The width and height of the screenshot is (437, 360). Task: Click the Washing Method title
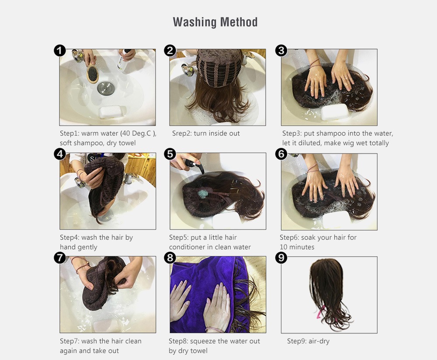pos(215,22)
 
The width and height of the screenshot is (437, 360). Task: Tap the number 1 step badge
pos(60,51)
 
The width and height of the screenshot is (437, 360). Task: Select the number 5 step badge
pos(170,154)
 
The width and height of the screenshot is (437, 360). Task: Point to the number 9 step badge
pos(281,258)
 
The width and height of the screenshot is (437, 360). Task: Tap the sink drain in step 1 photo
pos(106,88)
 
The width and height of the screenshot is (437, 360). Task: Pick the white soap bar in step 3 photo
pos(334,112)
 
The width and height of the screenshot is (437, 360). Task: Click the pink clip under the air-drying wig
pos(320,313)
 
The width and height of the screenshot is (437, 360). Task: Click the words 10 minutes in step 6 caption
pos(297,247)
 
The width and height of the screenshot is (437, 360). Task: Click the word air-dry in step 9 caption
pos(319,341)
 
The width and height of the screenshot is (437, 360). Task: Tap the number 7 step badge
pos(60,258)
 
